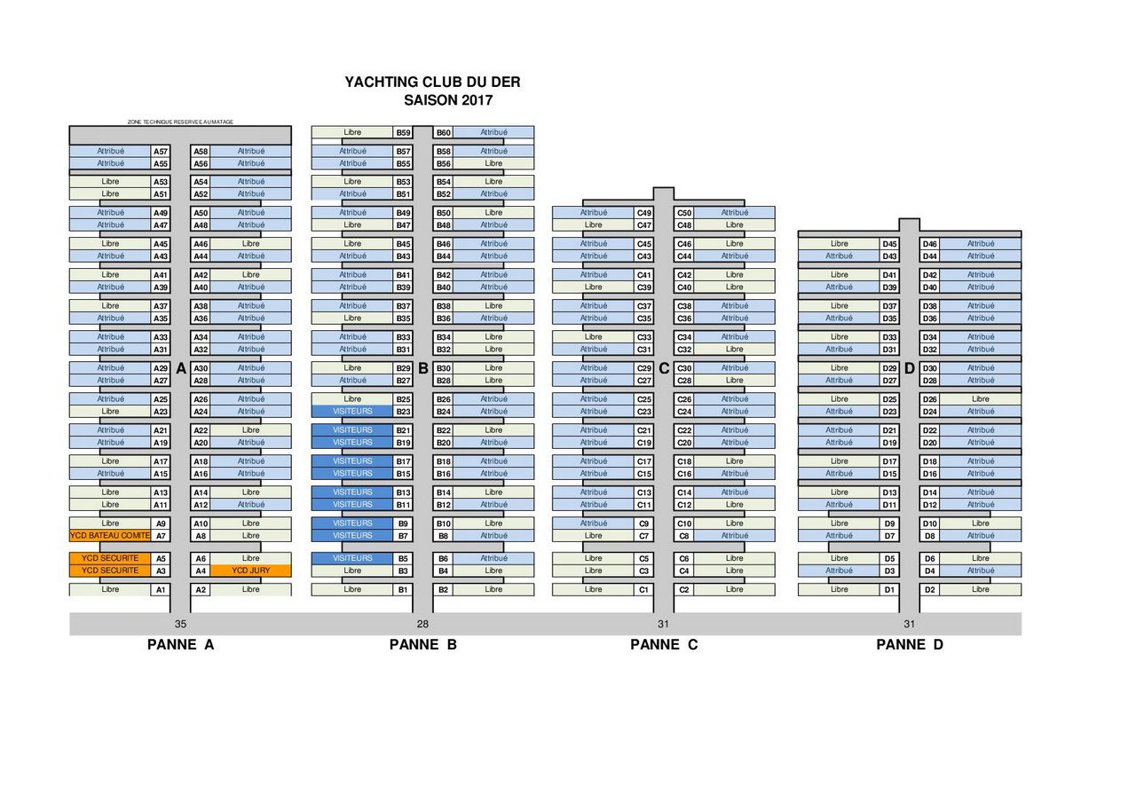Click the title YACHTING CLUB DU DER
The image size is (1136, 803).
coord(432,83)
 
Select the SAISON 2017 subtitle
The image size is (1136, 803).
coord(447,100)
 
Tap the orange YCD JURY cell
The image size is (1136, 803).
coord(251,571)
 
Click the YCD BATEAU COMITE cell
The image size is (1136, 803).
coord(110,536)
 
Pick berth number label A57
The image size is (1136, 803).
coord(161,152)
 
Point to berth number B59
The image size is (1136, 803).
coord(403,133)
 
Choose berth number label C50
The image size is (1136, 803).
coord(684,213)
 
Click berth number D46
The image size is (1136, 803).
coord(930,244)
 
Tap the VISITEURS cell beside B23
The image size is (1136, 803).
coord(352,412)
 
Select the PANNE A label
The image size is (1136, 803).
coord(181,645)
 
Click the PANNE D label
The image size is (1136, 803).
coord(910,645)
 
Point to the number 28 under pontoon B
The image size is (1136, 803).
coord(422,624)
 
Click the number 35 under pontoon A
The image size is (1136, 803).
coord(181,624)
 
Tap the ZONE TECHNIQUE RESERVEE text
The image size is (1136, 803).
coord(180,122)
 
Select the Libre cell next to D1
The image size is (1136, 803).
coord(840,590)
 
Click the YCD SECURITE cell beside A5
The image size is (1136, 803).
coord(110,558)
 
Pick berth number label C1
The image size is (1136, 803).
coord(644,590)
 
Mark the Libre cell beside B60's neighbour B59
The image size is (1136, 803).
coord(352,133)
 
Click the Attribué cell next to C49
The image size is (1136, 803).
coord(594,213)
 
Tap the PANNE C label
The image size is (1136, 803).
coord(664,645)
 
